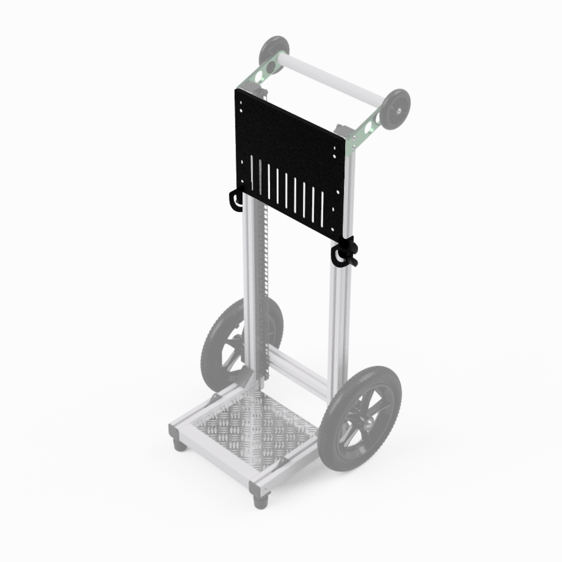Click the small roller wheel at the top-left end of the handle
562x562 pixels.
[274, 52]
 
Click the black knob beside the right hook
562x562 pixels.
[351, 250]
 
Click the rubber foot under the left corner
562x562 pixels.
[179, 446]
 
